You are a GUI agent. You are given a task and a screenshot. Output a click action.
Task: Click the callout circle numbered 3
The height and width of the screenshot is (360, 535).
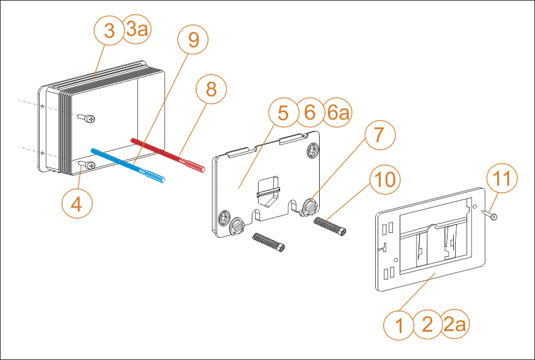109,30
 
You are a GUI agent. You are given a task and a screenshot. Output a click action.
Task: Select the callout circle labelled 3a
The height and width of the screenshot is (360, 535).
137,30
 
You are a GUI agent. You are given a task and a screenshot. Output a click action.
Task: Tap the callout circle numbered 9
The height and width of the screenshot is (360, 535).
193,39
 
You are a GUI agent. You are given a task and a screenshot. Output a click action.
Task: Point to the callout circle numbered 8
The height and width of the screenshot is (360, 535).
211,89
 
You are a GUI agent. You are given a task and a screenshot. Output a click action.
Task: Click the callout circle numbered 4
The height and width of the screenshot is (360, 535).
77,204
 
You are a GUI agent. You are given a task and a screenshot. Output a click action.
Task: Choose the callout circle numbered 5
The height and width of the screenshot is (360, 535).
283,113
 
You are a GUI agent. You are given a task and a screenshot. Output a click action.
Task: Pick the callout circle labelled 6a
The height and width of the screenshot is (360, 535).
337,113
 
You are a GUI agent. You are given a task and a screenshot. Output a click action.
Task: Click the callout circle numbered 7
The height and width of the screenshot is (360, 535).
380,135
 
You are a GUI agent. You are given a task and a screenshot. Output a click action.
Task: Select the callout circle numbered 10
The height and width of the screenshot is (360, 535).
385,179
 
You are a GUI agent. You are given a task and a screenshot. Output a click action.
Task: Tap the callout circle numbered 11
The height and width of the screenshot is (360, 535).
502,177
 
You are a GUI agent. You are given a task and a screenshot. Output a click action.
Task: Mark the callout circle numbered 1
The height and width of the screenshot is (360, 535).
398,325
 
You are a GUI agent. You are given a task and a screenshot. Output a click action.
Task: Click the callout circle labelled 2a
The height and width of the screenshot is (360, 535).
454,324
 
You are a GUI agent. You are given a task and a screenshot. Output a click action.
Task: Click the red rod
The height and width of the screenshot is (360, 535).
168,155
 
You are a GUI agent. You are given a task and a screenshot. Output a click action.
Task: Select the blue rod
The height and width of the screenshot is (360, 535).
128,165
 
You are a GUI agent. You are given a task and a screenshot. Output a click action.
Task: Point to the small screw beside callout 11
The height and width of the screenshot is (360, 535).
489,215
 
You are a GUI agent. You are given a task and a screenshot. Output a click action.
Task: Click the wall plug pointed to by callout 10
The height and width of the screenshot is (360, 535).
330,225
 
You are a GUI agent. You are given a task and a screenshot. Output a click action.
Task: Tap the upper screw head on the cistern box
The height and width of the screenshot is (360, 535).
86,118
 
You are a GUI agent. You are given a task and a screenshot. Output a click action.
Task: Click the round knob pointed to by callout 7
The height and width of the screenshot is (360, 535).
310,207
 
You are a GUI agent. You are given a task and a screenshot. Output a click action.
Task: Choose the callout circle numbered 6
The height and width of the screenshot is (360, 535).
310,112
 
